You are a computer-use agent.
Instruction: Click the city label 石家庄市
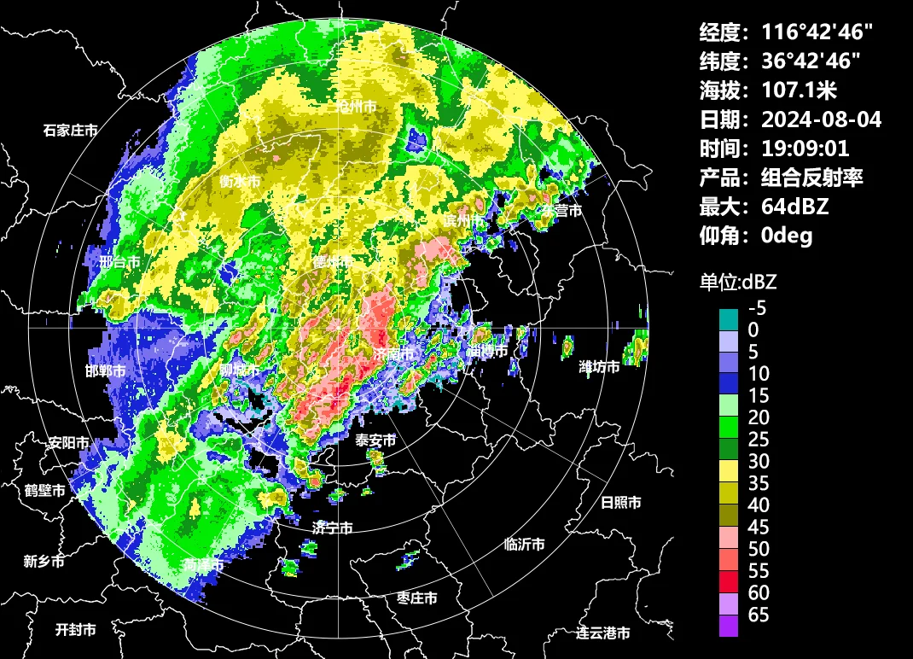point(71,131)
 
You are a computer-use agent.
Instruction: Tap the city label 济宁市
point(333,528)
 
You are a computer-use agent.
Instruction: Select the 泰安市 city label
point(376,440)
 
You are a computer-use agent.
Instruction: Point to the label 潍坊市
point(600,367)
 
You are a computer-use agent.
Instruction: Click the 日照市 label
point(621,503)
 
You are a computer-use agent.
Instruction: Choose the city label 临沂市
point(525,545)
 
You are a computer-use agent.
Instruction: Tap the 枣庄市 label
point(417,598)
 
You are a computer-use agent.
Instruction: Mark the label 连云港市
point(602,633)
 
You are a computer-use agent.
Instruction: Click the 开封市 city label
point(76,630)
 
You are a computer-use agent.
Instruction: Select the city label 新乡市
point(44,562)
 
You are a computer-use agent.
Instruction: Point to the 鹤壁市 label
point(45,491)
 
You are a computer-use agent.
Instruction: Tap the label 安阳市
point(69,444)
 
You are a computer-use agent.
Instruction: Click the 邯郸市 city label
point(106,371)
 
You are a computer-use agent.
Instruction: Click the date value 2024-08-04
point(821,120)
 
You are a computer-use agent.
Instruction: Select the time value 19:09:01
point(805,149)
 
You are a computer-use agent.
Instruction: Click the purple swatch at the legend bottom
point(729,626)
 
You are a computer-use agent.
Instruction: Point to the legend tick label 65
point(759,615)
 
